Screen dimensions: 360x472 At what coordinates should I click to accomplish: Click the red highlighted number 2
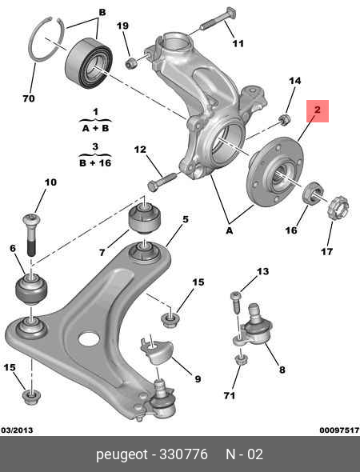pos(318,110)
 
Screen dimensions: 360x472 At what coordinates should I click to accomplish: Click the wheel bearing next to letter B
pos(89,63)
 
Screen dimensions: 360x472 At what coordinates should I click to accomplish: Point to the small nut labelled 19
pos(130,63)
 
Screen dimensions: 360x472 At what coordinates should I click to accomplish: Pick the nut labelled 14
pos(284,119)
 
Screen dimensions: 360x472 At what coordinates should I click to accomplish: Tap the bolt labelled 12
pos(162,182)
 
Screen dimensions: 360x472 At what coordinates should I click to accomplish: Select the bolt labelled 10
pos(32,234)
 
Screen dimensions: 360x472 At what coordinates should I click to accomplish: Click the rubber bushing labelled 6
pos(31,288)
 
